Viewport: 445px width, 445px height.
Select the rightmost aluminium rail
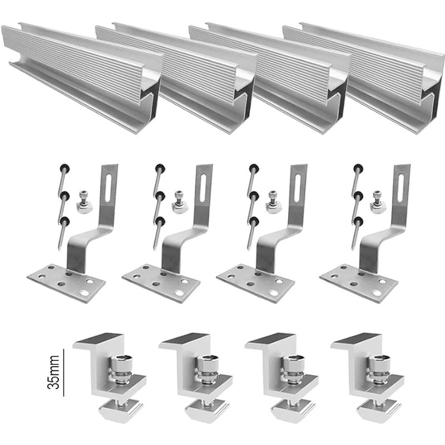coord(389,78)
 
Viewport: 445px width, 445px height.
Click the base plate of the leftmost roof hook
coord(67,283)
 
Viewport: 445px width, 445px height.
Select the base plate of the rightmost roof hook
coord(359,283)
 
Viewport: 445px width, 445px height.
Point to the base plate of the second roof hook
coord(161,283)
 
